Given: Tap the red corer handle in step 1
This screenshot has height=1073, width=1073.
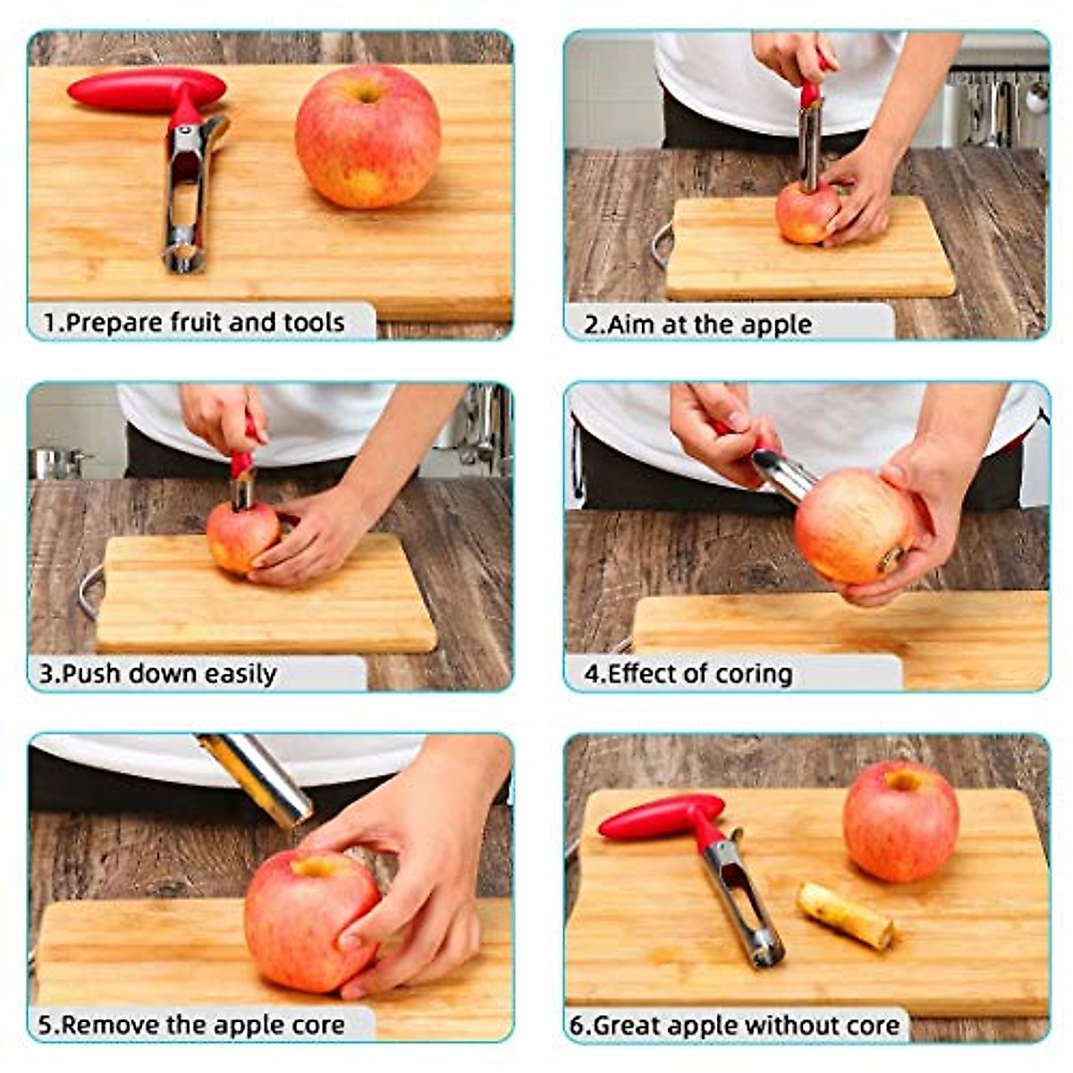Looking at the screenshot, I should pos(146,89).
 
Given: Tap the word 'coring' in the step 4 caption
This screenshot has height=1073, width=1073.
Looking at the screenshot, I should pos(749,673).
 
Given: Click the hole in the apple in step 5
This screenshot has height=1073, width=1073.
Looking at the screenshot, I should pos(315,866).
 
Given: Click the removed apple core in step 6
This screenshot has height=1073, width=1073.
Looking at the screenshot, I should pos(845,915).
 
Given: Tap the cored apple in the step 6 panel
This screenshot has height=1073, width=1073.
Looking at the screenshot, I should pos(900,821).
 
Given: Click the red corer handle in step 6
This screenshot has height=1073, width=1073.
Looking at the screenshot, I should pos(660,815).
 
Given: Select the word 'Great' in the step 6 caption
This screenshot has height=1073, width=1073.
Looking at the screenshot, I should pos(630,1025).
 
